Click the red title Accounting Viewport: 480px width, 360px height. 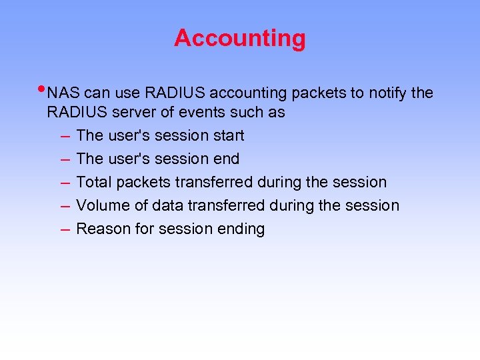(x=240, y=38)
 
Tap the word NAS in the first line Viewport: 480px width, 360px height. (x=64, y=93)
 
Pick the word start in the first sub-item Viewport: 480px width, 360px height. (x=228, y=135)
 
